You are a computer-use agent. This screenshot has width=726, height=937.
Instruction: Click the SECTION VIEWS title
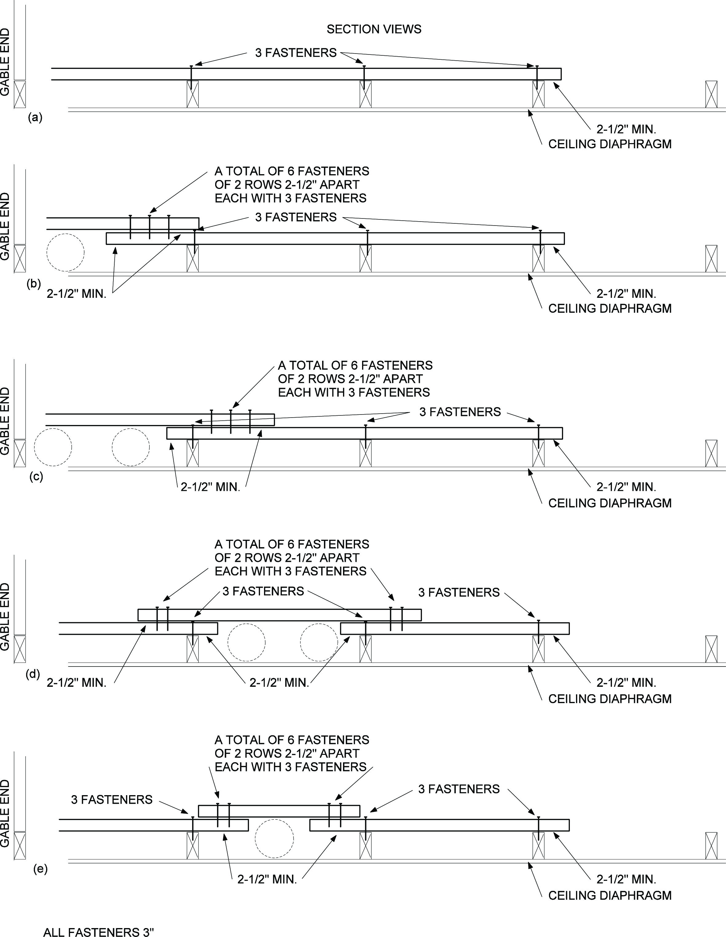[374, 29]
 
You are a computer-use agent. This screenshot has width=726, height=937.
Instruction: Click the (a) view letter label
[35, 117]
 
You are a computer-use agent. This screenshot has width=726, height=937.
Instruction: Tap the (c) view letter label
[36, 477]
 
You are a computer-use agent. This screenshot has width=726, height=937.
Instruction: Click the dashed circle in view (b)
[65, 252]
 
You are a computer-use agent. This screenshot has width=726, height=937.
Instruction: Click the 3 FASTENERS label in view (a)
[296, 53]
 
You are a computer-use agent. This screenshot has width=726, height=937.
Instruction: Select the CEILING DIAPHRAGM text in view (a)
[610, 144]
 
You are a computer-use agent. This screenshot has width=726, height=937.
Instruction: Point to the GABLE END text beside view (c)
[5, 421]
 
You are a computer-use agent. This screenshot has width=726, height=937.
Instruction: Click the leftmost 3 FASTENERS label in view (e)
[112, 800]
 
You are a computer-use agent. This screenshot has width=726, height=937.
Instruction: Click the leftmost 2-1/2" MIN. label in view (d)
[76, 683]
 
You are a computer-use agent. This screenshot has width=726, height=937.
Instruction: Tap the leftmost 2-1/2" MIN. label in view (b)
[76, 294]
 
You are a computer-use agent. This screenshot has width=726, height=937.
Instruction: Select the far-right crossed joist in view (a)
[711, 94]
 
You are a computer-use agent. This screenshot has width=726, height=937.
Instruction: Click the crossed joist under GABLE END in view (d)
[20, 649]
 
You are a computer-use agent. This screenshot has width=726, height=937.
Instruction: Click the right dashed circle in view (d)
[319, 642]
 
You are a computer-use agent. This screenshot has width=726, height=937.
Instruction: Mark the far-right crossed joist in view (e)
[711, 846]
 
